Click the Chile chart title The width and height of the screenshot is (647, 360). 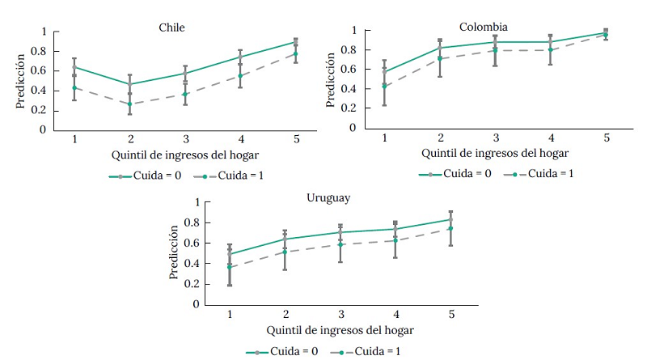(x=171, y=28)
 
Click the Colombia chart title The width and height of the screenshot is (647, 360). (x=484, y=27)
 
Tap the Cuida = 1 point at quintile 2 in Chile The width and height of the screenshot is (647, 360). (x=129, y=104)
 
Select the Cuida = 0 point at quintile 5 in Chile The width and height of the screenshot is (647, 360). (x=295, y=42)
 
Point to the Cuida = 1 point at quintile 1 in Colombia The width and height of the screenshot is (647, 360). (x=384, y=87)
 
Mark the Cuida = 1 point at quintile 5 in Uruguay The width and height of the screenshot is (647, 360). (x=450, y=228)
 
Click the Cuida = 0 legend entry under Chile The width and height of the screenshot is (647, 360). (x=137, y=176)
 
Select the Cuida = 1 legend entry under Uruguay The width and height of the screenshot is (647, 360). (x=370, y=351)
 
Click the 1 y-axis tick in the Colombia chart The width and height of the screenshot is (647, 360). (x=353, y=31)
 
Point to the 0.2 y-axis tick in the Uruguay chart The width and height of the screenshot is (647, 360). (x=191, y=284)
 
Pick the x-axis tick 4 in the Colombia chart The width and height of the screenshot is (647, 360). (x=550, y=138)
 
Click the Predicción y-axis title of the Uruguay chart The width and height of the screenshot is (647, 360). (x=174, y=253)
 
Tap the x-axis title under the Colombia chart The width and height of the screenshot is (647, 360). (x=494, y=153)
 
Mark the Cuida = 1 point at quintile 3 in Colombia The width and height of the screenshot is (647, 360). (x=495, y=50)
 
